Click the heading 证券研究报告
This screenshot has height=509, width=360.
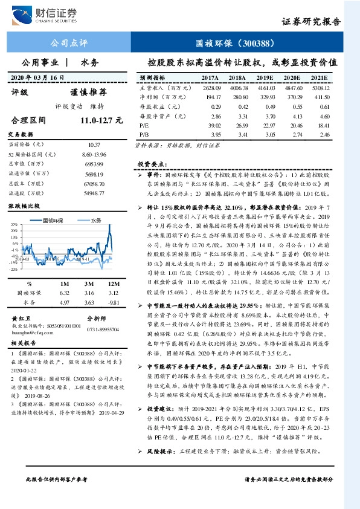coord(310,22)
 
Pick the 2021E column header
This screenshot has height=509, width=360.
coord(318,78)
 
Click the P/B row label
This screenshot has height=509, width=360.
coord(144,134)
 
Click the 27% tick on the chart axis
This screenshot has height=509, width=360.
coord(13,224)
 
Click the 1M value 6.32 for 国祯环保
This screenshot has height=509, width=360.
coord(65,292)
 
